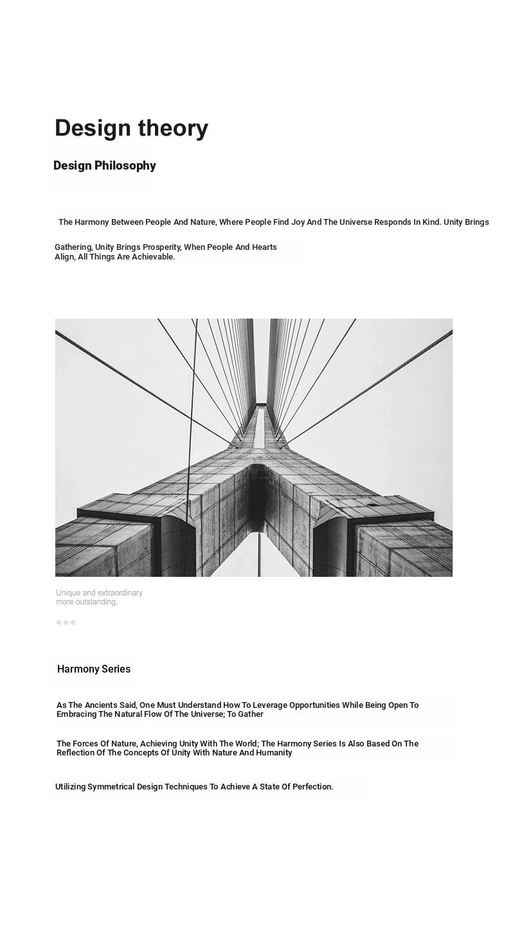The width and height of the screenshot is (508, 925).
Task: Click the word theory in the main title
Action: pyautogui.click(x=170, y=128)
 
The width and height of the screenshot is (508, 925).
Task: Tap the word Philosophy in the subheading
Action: pyautogui.click(x=125, y=166)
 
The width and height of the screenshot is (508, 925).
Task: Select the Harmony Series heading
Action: pyautogui.click(x=94, y=669)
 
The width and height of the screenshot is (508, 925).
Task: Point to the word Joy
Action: pyautogui.click(x=298, y=222)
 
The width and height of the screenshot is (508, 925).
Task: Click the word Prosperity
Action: pyautogui.click(x=161, y=247)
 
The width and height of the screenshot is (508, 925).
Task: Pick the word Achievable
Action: pyautogui.click(x=153, y=257)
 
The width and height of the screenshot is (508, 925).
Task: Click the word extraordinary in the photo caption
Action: pyautogui.click(x=117, y=593)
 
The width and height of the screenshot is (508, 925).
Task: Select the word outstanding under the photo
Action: pyautogui.click(x=96, y=603)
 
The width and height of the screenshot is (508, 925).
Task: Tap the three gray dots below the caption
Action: pyautogui.click(x=66, y=622)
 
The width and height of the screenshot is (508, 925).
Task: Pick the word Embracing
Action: pyautogui.click(x=77, y=714)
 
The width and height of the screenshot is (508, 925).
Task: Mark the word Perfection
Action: pyautogui.click(x=313, y=787)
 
